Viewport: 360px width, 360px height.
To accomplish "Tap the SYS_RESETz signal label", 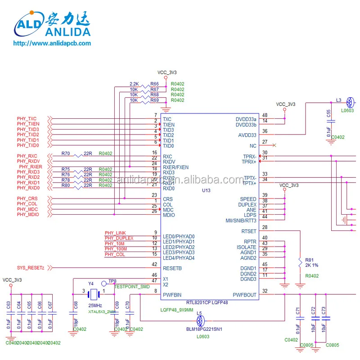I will tap(31, 268).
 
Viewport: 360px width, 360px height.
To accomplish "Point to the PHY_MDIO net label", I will tap(28, 215).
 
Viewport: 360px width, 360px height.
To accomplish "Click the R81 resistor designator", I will tap(309, 260).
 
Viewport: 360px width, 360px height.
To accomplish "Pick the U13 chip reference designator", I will tap(206, 191).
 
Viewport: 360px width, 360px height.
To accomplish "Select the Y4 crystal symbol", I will tap(94, 295).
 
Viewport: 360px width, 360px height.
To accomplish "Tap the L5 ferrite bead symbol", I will tap(201, 320).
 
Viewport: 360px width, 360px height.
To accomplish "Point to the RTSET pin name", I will tap(248, 231).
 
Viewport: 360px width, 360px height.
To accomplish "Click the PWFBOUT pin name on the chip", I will tap(244, 295).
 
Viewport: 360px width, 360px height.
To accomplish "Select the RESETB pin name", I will tap(172, 268).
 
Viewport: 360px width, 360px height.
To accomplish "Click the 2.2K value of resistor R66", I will tap(134, 84).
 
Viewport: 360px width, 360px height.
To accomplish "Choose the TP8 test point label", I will tap(112, 281).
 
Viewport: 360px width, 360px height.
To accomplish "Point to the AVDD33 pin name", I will tap(247, 135).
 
